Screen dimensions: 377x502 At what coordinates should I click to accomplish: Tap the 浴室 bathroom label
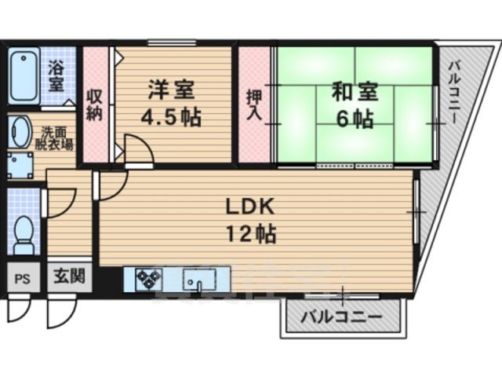pyautogui.click(x=56, y=75)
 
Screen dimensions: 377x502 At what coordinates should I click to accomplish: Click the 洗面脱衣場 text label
pyautogui.click(x=56, y=139)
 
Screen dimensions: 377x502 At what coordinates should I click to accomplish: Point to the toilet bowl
pyautogui.click(x=24, y=231)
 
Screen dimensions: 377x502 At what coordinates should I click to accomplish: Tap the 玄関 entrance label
pyautogui.click(x=64, y=276)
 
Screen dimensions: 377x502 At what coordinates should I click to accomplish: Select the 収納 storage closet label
pyautogui.click(x=95, y=105)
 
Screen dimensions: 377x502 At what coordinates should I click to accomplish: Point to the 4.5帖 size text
pyautogui.click(x=170, y=119)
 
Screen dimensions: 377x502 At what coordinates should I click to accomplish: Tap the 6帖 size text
pyautogui.click(x=354, y=120)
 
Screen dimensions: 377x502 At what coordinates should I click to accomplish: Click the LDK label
pyautogui.click(x=249, y=207)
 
